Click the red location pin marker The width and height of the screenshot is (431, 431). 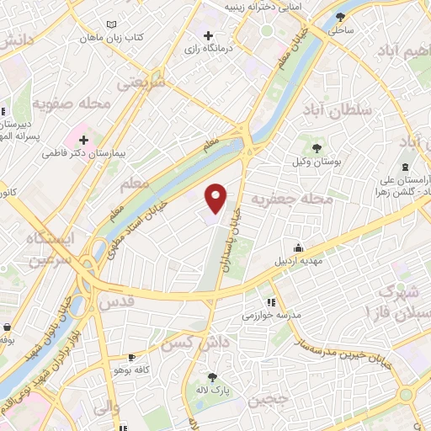(216, 198)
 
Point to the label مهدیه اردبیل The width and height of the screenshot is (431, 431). (298, 259)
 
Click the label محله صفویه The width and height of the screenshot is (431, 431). (72, 104)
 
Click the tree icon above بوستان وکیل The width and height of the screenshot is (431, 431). (306, 148)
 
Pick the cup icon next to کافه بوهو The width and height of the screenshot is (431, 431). (130, 357)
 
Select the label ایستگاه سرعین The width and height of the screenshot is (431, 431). (51, 249)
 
